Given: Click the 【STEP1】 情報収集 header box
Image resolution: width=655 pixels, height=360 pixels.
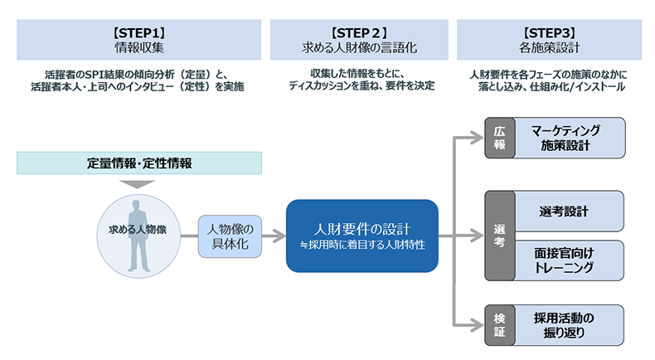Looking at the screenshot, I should tap(140, 39).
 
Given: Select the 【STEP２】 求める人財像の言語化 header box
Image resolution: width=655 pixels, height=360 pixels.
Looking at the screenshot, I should tap(358, 39).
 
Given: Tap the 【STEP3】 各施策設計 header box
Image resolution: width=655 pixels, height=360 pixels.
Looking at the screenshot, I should tap(547, 39).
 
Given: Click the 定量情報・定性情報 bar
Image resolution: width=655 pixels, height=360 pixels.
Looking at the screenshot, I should tap(140, 163).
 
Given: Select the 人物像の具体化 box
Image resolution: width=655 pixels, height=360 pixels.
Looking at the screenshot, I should tap(229, 236).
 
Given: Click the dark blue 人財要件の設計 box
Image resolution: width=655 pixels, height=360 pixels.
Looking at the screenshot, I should tap(361, 236).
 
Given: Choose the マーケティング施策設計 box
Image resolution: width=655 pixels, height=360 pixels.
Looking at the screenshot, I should tap(569, 139).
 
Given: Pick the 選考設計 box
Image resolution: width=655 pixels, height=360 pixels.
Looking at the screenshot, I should tap(569, 212).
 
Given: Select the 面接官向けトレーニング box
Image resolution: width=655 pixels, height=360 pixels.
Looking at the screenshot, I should tap(569, 260).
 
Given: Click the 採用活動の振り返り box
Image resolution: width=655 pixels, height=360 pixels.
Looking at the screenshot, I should tap(569, 325).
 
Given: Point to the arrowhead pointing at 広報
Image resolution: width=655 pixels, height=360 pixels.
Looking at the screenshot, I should tap(478, 139).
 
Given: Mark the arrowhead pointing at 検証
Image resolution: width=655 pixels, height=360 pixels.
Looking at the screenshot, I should tap(478, 325).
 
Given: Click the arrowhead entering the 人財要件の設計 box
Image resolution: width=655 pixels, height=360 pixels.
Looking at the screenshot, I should tap(279, 236).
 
